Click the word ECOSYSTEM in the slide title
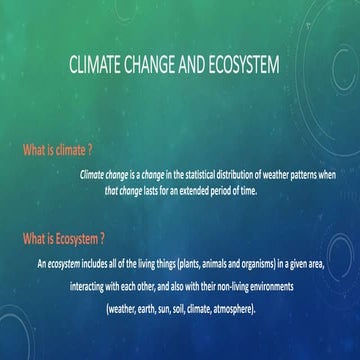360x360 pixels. pyautogui.click(x=241, y=68)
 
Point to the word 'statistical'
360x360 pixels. pyautogui.click(x=181, y=174)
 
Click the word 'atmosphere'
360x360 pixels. pyautogui.click(x=235, y=308)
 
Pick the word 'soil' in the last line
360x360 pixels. pyautogui.click(x=178, y=308)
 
